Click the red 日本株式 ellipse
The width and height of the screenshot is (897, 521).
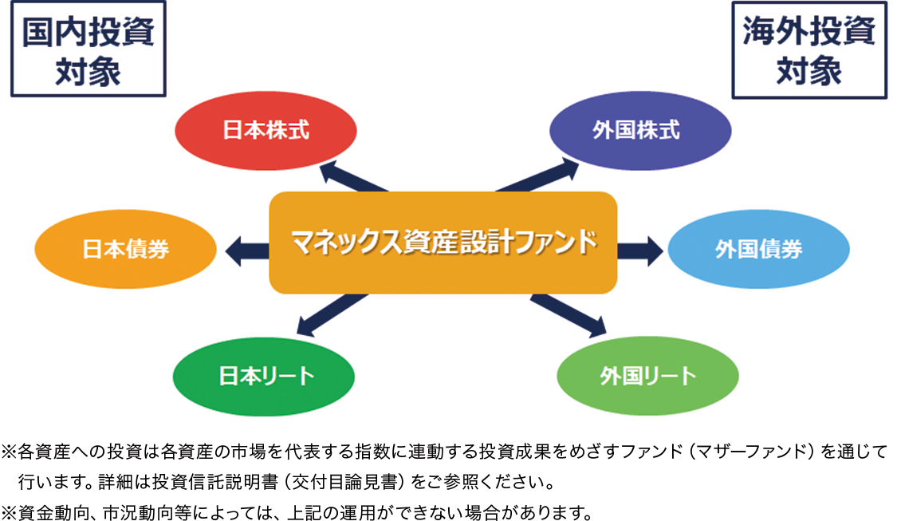click(x=266, y=131)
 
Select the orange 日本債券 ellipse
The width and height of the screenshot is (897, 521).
click(x=125, y=249)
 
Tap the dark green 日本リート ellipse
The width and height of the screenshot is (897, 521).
click(x=264, y=376)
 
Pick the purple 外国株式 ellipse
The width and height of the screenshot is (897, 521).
click(x=640, y=131)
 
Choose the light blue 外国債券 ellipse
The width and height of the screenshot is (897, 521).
click(x=758, y=249)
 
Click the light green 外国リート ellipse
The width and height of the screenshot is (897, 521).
click(x=647, y=376)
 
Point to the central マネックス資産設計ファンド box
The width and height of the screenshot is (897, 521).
click(x=443, y=243)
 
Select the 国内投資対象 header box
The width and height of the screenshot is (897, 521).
click(x=88, y=49)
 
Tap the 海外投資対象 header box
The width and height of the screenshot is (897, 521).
click(x=809, y=49)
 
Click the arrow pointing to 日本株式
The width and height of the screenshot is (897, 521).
click(x=353, y=177)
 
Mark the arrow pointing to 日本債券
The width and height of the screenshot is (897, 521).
click(x=247, y=251)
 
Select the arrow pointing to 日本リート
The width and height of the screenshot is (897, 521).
click(x=332, y=315)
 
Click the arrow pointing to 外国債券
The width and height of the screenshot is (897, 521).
click(x=640, y=251)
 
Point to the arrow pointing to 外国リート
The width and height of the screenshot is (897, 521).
click(x=568, y=315)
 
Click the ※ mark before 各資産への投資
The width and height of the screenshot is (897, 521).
click(x=9, y=452)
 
